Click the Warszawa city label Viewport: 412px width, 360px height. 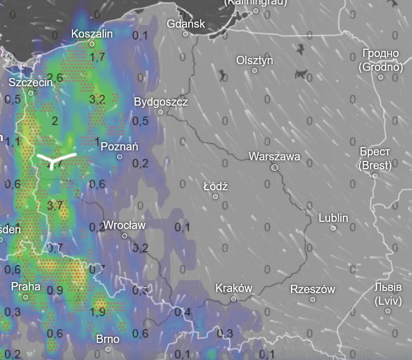click(274, 156)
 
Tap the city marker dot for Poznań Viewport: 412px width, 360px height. click(119, 157)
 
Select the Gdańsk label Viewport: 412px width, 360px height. click(186, 24)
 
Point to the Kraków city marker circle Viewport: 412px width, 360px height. click(233, 299)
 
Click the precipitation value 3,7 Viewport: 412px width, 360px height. click(55, 206)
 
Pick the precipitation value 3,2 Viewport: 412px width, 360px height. click(97, 100)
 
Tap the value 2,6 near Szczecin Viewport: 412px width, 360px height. click(55, 77)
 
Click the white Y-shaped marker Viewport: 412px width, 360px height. click(55, 160)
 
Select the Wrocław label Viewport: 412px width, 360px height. click(124, 225)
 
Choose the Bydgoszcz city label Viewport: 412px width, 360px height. click(161, 102)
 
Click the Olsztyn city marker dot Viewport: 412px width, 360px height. click(255, 70)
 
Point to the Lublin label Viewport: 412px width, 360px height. click(333, 218)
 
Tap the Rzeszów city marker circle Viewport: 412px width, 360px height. click(312, 299)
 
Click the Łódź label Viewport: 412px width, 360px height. click(216, 186)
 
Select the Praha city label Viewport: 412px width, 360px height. click(25, 286)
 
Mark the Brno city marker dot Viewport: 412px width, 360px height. click(108, 349)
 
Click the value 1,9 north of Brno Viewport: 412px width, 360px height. click(98, 312)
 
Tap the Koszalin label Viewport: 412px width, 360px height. click(92, 34)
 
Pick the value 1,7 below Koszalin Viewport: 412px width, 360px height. click(98, 56)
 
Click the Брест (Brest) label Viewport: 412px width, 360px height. click(375, 158)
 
